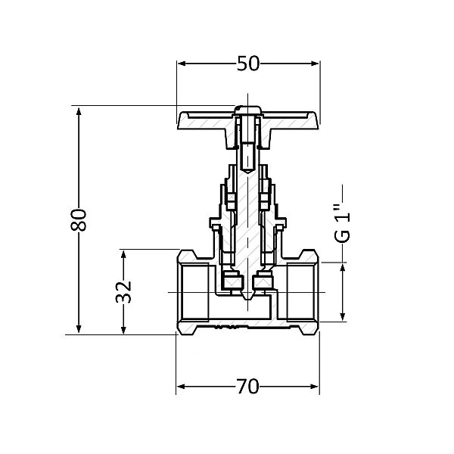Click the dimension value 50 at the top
(248, 64)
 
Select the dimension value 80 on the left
(79, 219)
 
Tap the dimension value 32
(123, 292)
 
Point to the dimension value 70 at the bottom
(248, 387)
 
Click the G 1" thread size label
(341, 223)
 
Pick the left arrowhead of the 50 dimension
(182, 64)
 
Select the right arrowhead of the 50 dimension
(315, 64)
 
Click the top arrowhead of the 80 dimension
(79, 111)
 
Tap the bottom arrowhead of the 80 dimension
(79, 329)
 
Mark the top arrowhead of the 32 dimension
(123, 255)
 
